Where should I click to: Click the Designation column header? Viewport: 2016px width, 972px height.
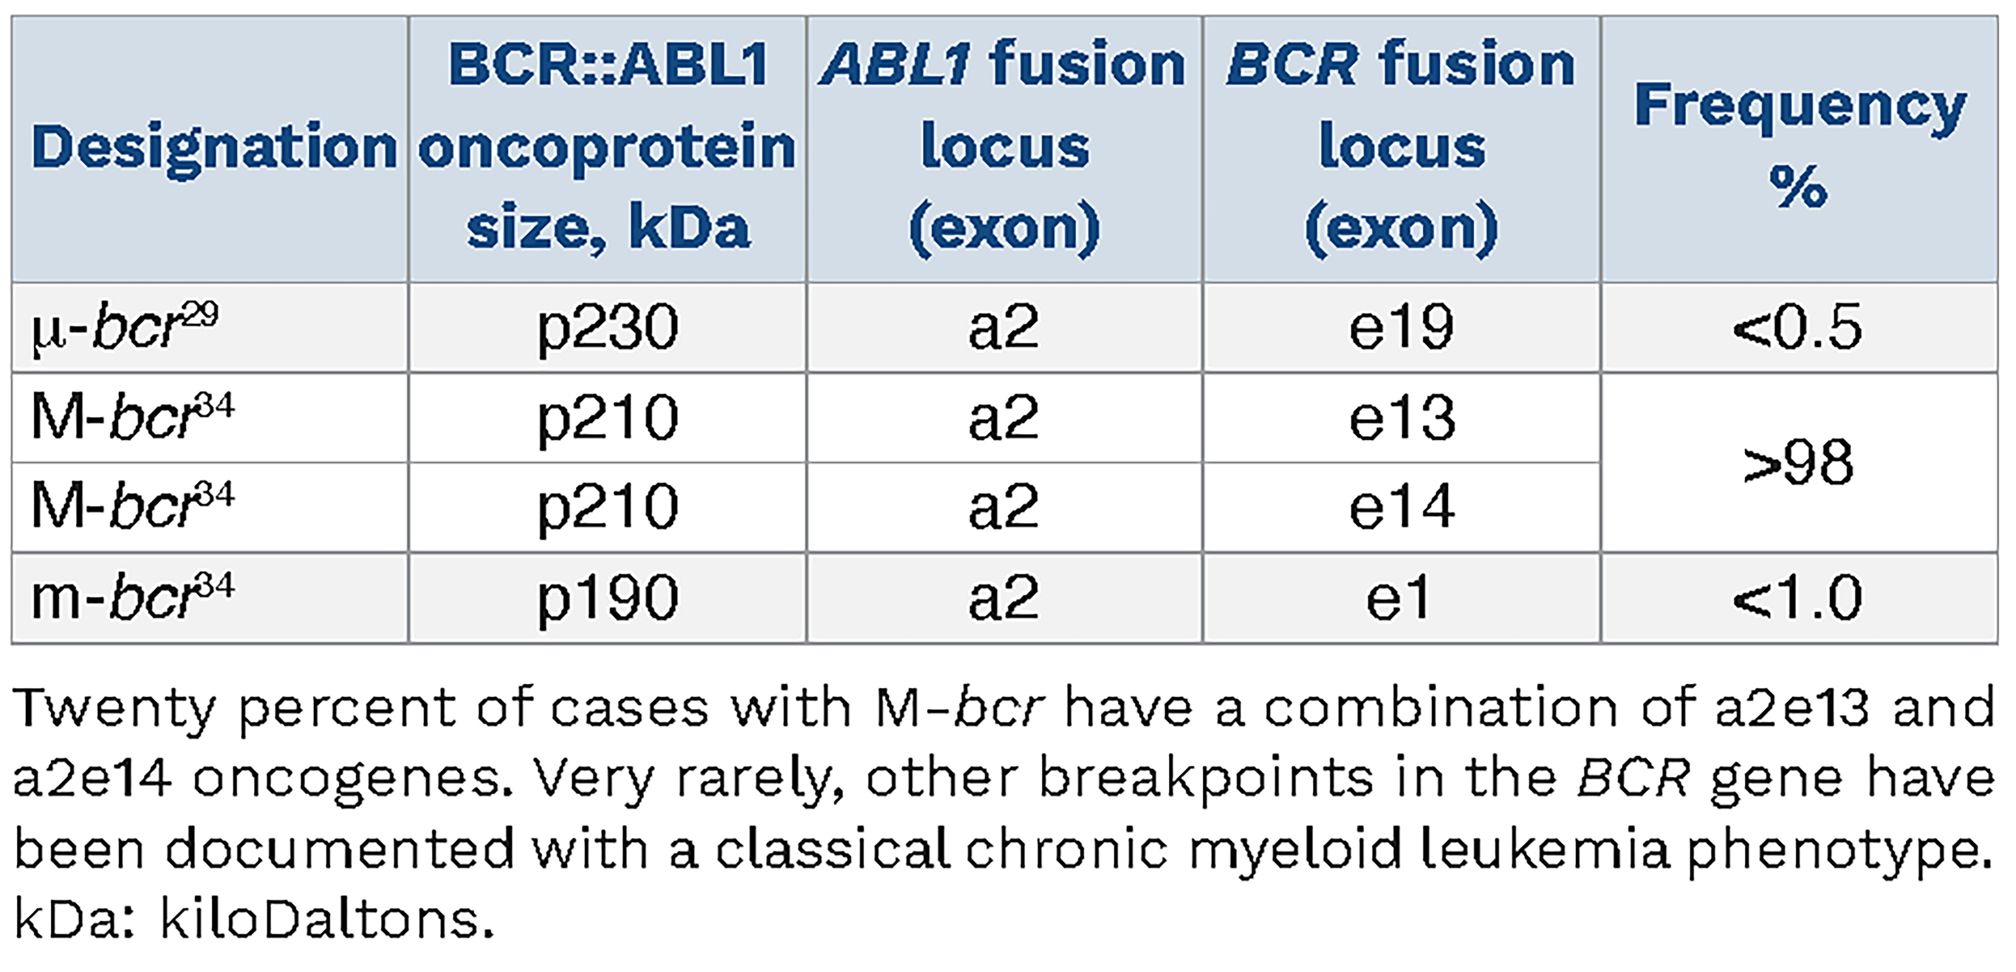[x=214, y=147]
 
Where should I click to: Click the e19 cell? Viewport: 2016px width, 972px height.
[x=1401, y=327]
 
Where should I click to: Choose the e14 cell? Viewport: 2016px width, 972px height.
[x=1401, y=507]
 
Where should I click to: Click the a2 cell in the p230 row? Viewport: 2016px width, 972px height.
[x=1004, y=327]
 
